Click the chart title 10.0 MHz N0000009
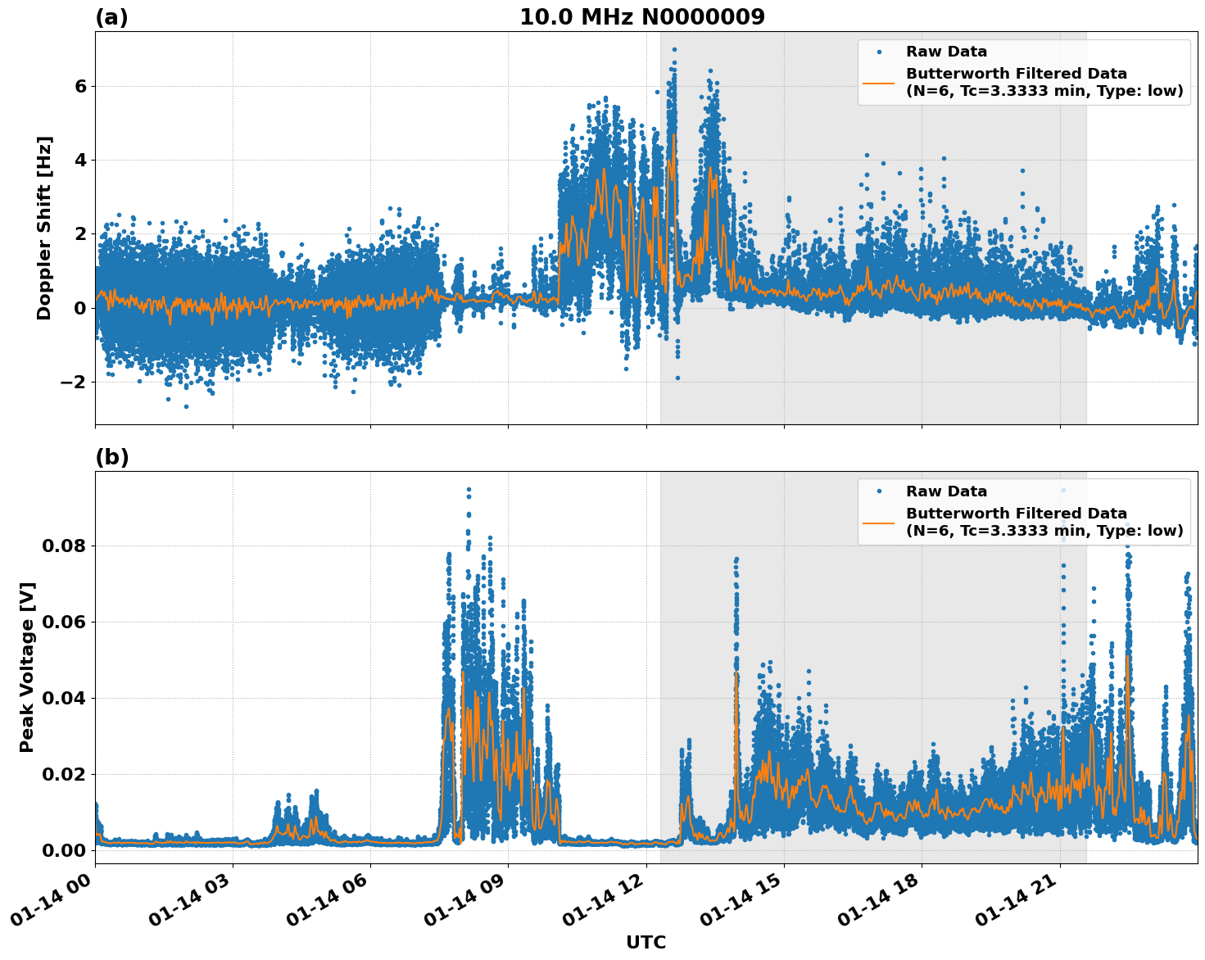[x=641, y=17]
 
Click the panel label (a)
[x=111, y=17]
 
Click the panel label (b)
[x=111, y=457]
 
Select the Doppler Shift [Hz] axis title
[x=44, y=228]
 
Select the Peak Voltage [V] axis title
[x=27, y=667]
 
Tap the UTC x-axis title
[x=646, y=942]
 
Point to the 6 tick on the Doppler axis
[x=80, y=86]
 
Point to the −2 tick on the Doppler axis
[x=75, y=382]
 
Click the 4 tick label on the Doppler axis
[x=80, y=160]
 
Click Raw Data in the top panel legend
[x=946, y=52]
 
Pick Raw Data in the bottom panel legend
[x=946, y=491]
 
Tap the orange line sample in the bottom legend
[x=879, y=522]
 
